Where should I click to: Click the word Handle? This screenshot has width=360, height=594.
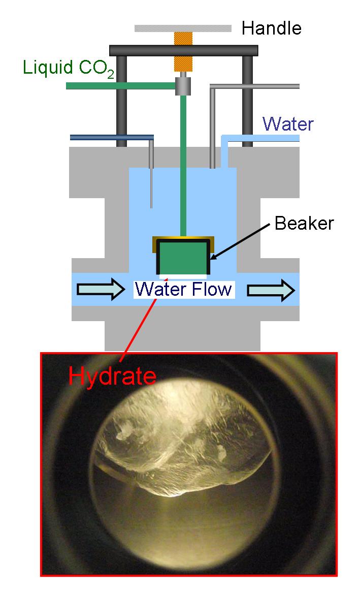pos(271,28)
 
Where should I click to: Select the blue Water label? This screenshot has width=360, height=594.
pos(288,124)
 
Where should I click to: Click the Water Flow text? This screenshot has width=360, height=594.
pos(183,290)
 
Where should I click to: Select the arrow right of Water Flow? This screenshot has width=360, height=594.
pos(271,290)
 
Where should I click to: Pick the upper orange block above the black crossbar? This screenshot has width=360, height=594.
pos(183,38)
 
